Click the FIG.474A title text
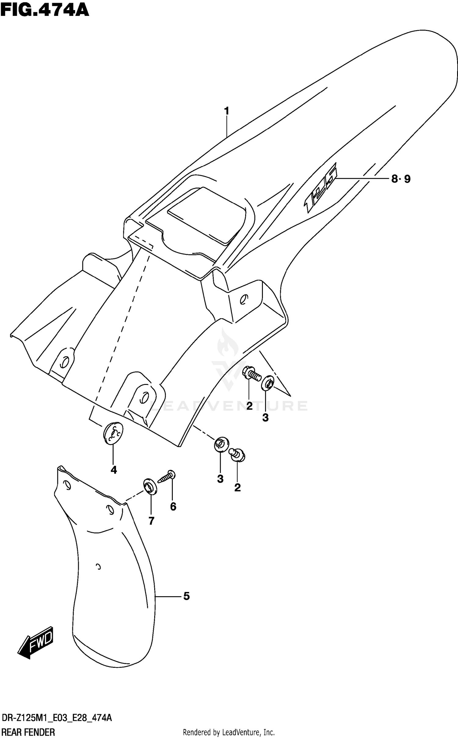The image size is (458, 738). coord(45,10)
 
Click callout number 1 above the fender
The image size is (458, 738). coord(227,111)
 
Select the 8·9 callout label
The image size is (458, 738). coord(401,179)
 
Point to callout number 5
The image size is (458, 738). coord(187,596)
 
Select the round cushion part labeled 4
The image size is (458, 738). coord(113,433)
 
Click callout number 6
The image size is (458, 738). coord(173,506)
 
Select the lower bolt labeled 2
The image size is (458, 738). coord(238,455)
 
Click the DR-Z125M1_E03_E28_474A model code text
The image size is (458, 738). coord(57,718)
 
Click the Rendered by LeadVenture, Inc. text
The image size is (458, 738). coord(229,732)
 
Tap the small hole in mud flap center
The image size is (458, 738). coord(98,567)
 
